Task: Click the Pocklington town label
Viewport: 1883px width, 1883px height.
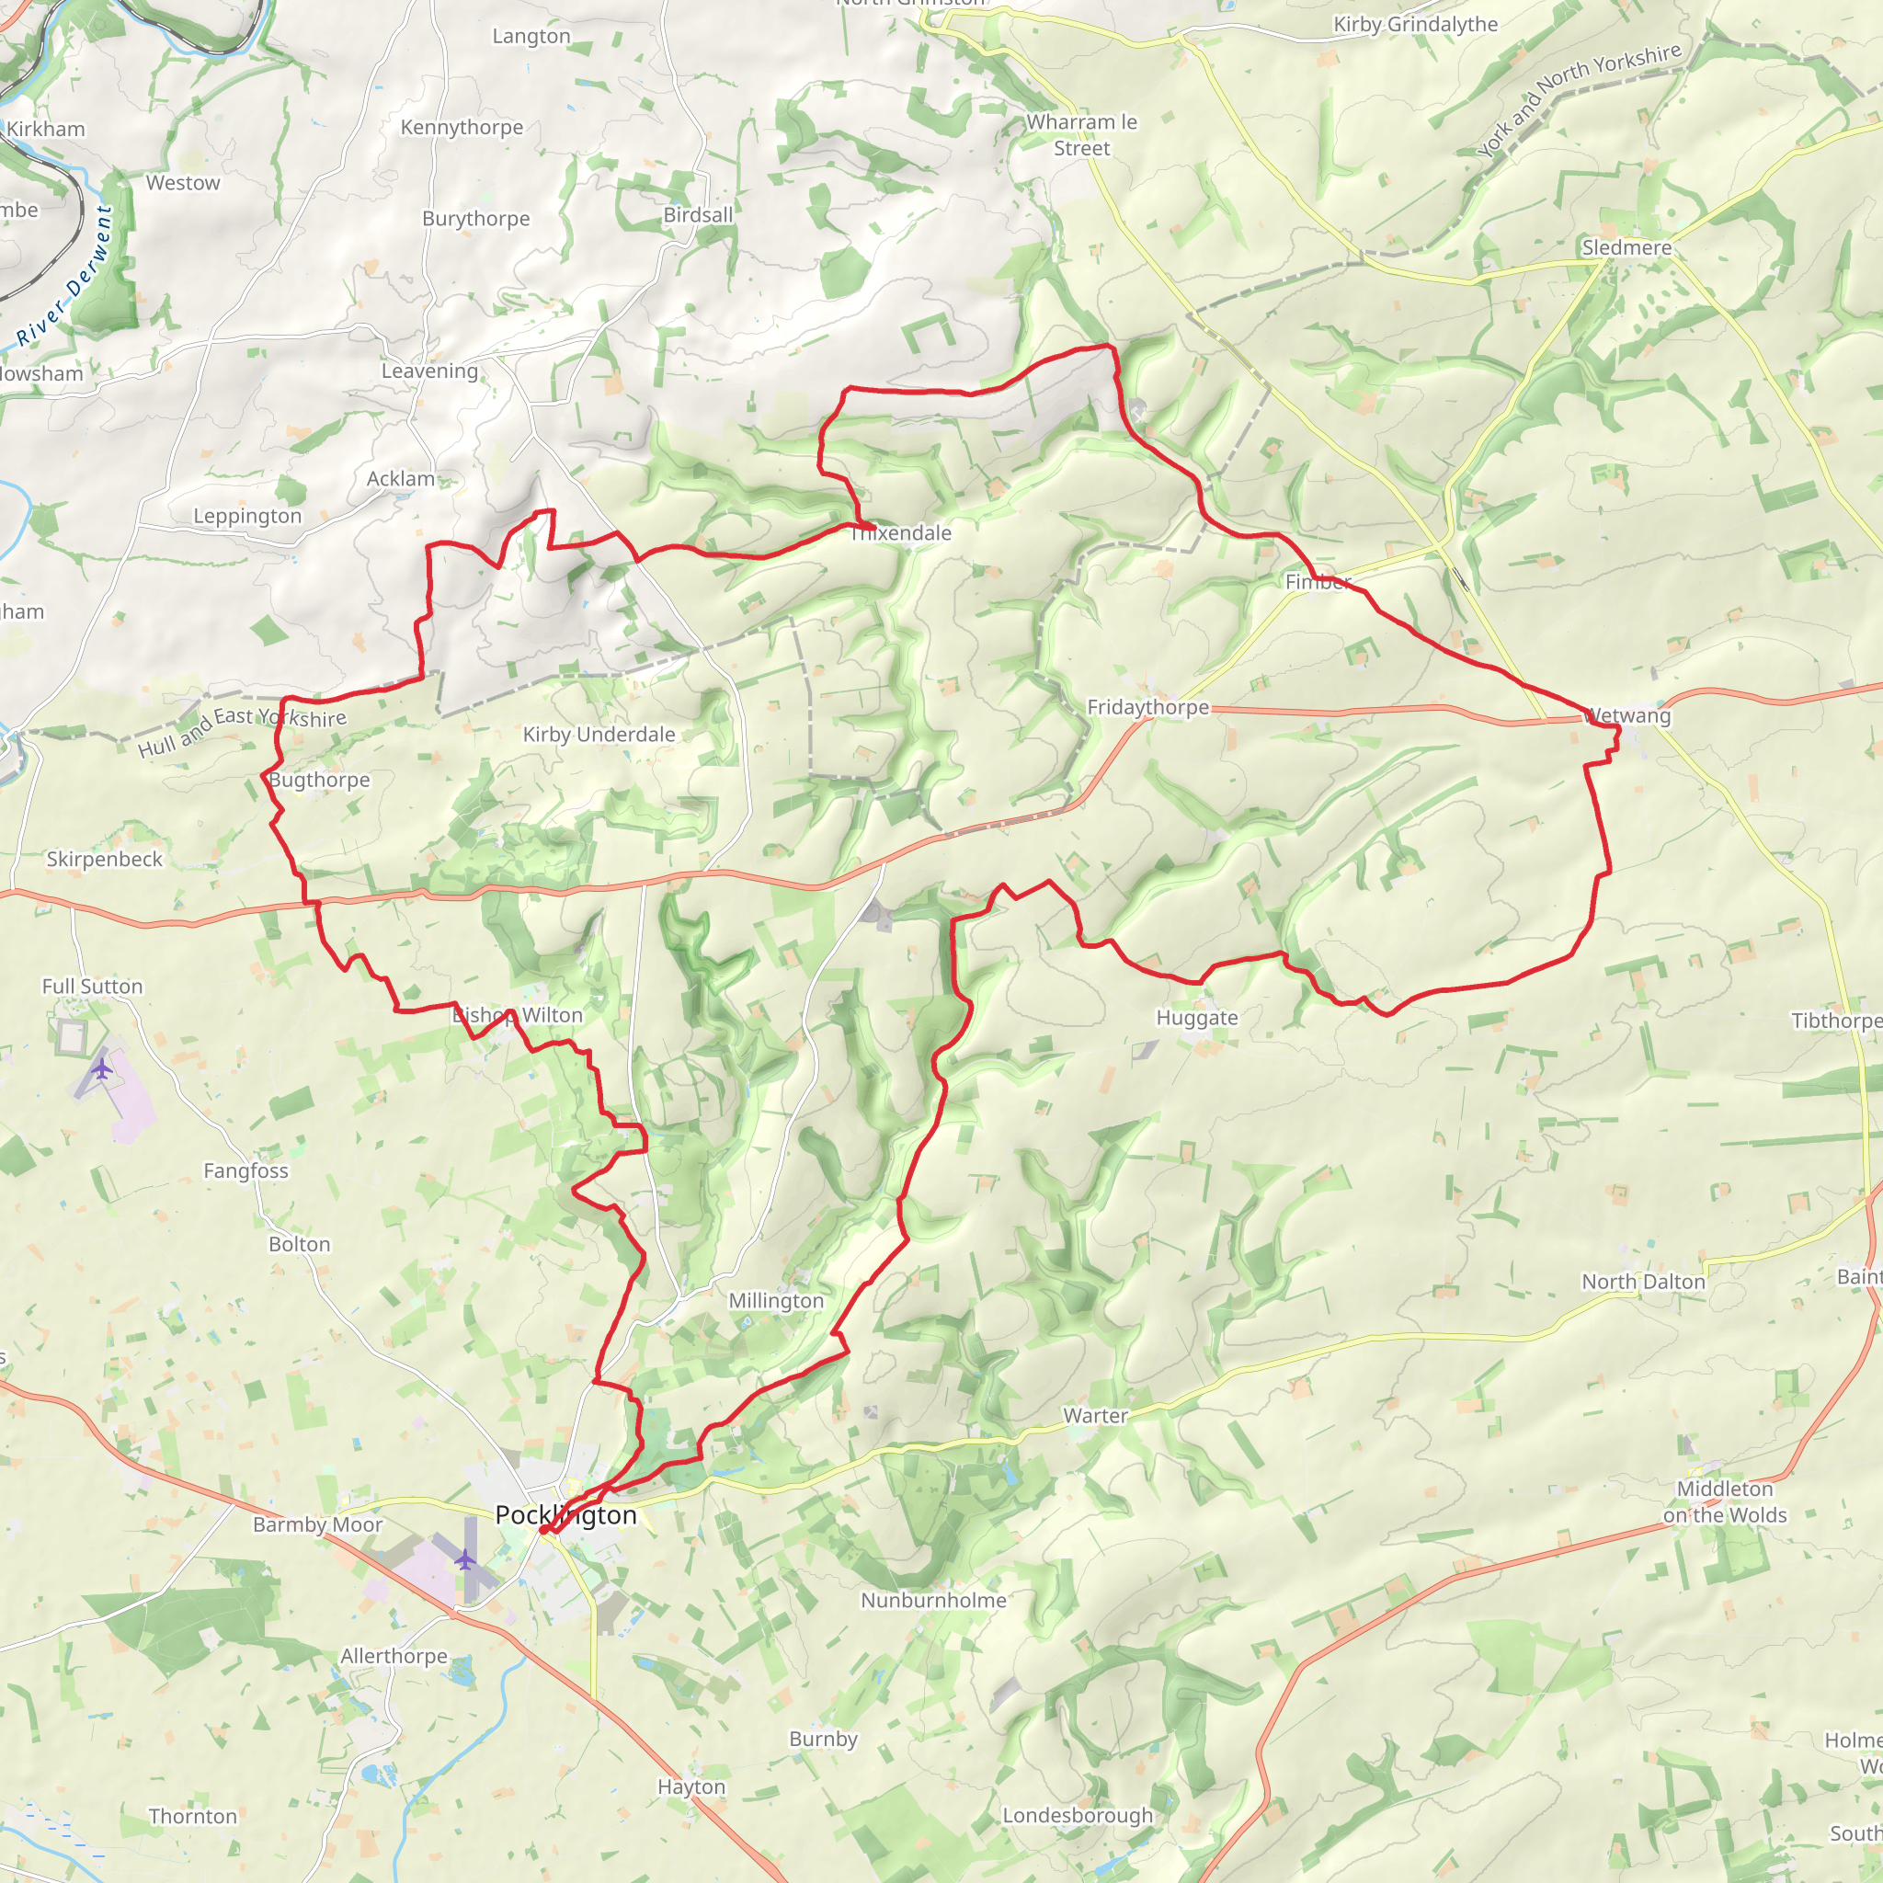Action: [565, 1515]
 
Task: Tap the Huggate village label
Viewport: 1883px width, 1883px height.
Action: [1197, 1018]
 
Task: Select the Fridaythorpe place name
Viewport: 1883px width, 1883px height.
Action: [1147, 707]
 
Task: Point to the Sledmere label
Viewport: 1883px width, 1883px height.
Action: [1626, 247]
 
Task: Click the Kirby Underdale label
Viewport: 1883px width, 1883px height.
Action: [599, 734]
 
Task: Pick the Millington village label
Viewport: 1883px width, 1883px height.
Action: [776, 1301]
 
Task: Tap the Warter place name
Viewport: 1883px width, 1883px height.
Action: [1094, 1415]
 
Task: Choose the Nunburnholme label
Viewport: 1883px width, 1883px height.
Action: [932, 1601]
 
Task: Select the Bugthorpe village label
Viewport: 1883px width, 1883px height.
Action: [320, 780]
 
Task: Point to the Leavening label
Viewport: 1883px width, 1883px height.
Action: [429, 371]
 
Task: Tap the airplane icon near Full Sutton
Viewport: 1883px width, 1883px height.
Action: [101, 1069]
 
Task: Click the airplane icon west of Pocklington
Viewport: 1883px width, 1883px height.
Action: [465, 1559]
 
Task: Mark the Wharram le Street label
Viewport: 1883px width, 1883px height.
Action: [1082, 135]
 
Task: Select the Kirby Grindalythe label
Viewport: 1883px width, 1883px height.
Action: [1415, 25]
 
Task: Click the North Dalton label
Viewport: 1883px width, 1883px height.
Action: [1643, 1282]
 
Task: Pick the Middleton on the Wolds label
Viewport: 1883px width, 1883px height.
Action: [1724, 1502]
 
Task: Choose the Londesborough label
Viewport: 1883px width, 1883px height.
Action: [1077, 1816]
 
